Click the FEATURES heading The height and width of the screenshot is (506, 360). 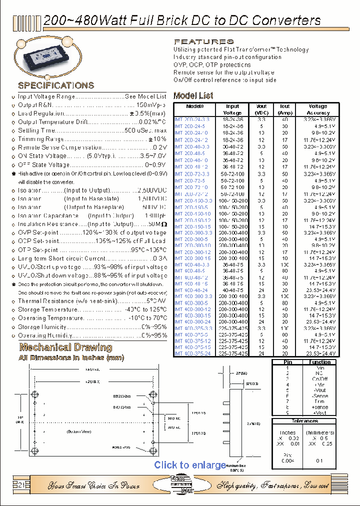point(203,41)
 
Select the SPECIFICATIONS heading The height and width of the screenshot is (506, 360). point(56,85)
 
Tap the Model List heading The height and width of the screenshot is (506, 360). point(193,95)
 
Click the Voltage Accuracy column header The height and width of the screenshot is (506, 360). point(317,109)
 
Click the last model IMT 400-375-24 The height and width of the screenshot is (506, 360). point(192,353)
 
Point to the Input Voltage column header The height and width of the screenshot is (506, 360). point(232,109)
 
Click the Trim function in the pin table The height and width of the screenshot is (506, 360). point(319,401)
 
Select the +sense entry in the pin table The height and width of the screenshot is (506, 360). point(319,407)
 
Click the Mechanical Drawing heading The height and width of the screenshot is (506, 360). point(65,347)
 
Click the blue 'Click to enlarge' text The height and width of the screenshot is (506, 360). point(190,465)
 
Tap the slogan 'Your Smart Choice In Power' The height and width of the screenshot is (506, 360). point(90,485)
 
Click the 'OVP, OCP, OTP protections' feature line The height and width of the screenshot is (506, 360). point(212,64)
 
